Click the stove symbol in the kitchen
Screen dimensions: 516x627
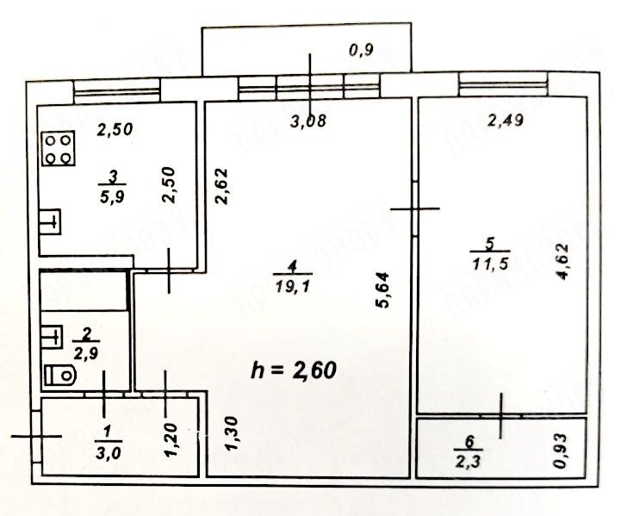58,147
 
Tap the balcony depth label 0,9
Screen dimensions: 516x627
361,50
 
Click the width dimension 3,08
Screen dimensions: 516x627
307,121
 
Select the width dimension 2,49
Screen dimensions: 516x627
505,121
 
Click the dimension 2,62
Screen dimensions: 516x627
221,186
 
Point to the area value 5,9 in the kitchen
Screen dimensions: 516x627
112,195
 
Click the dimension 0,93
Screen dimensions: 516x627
562,451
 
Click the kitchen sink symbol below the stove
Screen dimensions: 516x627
51,221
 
